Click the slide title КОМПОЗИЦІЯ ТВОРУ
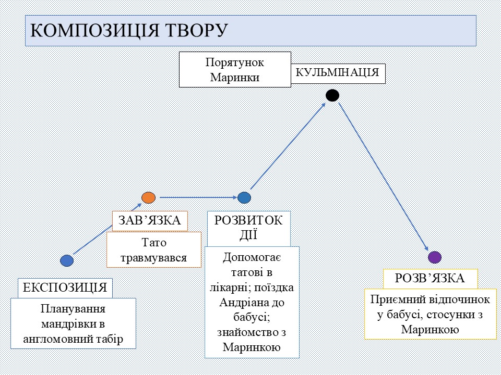129,30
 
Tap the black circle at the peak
332,95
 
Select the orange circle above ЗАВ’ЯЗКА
148,197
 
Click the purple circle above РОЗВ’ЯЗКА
435,257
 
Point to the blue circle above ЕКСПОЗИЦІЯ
67,260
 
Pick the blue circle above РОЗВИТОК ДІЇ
244,197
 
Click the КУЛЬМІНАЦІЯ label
337,72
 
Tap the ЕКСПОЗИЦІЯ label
65,287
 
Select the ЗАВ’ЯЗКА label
150,221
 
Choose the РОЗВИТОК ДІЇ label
248,228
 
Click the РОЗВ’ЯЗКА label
430,278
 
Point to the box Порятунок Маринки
234,69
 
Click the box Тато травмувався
154,250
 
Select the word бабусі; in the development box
251,317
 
